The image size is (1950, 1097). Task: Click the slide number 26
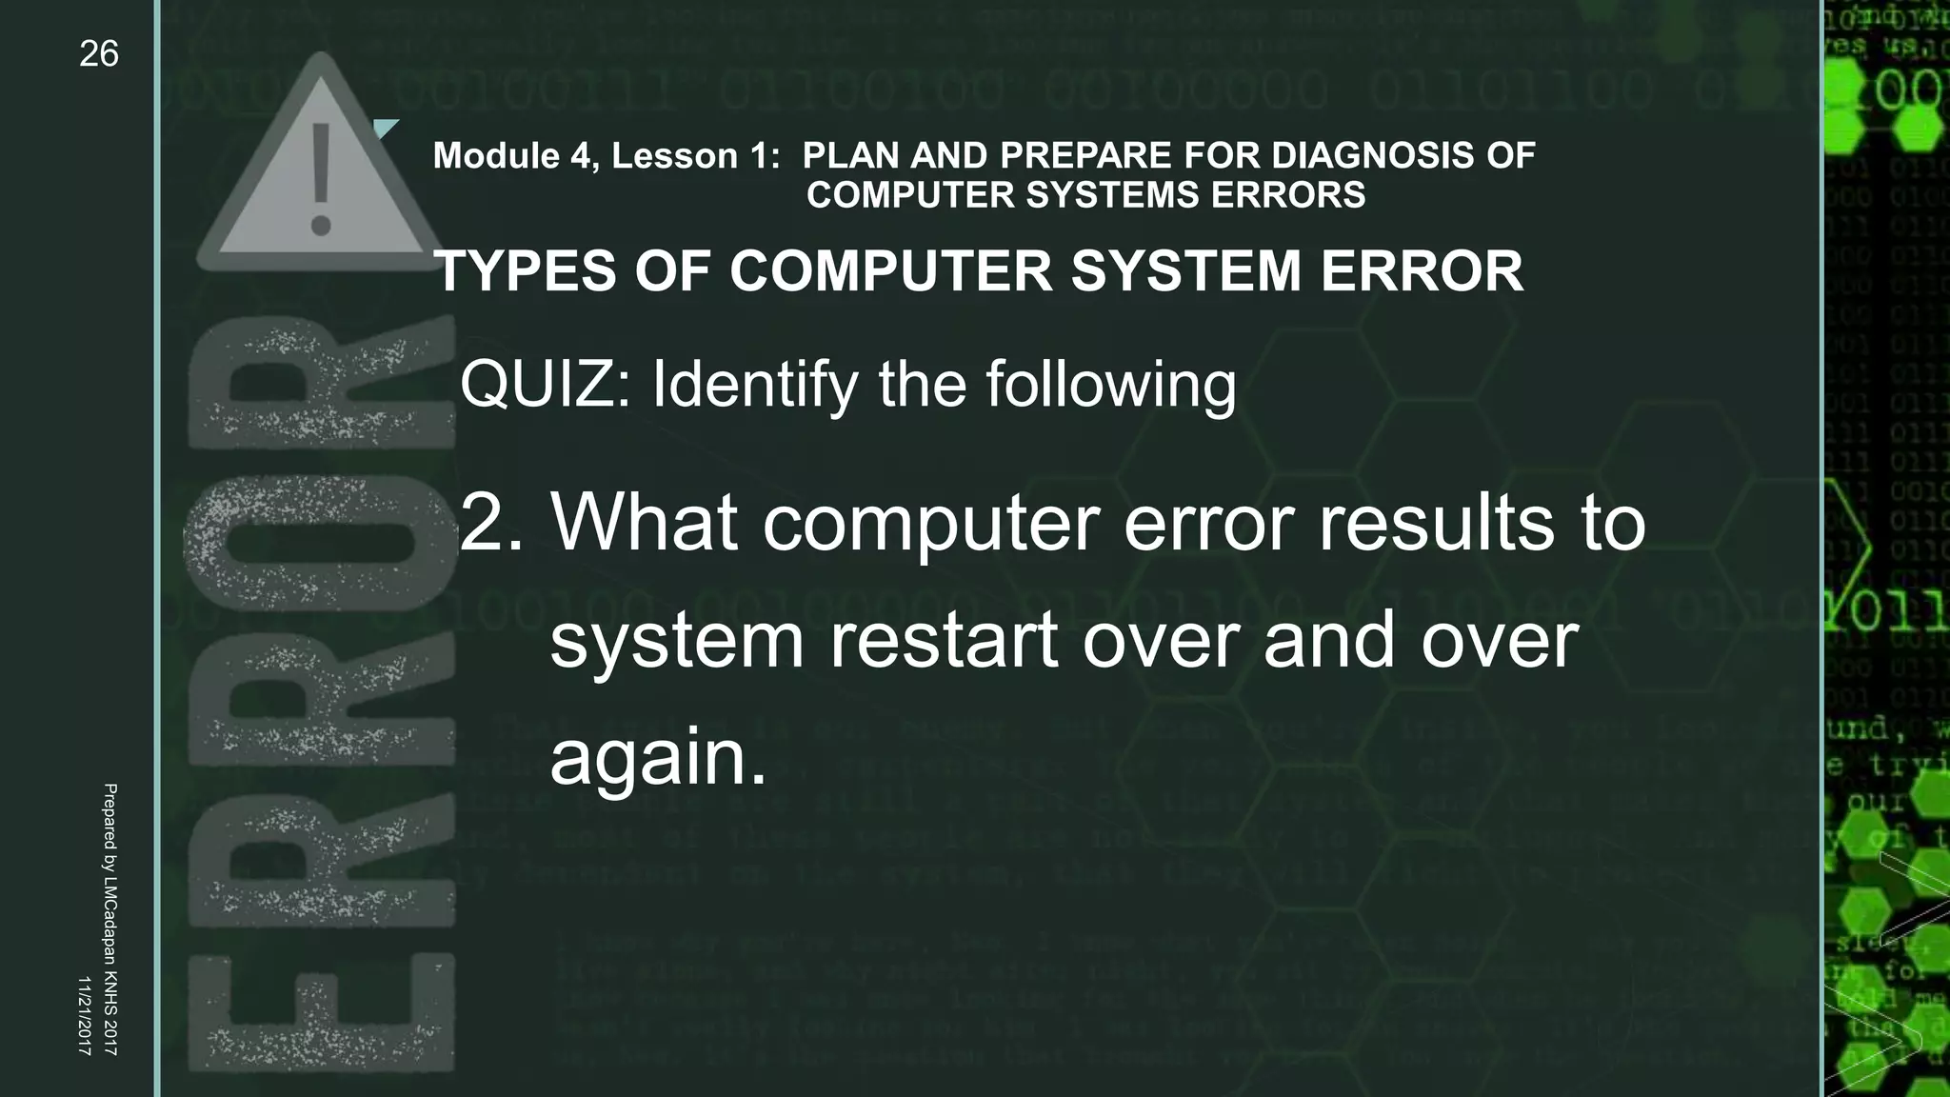[99, 54]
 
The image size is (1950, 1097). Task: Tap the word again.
[657, 757]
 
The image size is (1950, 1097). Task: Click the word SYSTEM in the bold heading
[1186, 271]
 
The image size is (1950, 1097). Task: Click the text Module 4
[515, 156]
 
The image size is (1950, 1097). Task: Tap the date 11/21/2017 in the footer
[84, 1015]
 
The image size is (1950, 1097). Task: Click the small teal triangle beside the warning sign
[385, 129]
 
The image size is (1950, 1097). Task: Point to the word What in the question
[644, 523]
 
